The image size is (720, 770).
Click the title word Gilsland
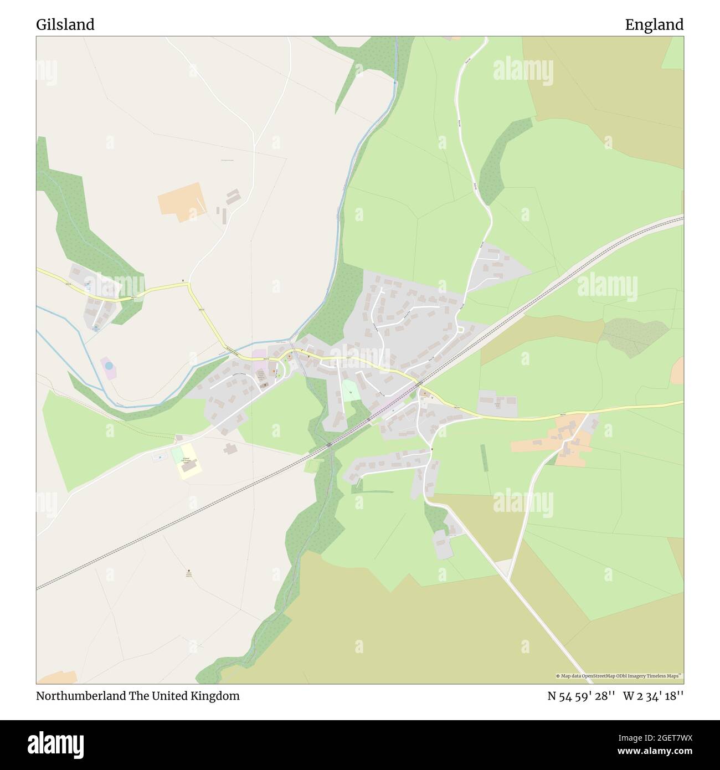[65, 25]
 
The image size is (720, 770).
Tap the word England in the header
[654, 25]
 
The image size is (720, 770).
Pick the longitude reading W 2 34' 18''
[653, 696]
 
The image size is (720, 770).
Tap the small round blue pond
[109, 366]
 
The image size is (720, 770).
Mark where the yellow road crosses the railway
[419, 383]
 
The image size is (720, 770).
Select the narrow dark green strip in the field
[485, 458]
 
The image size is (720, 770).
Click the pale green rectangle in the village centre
[350, 391]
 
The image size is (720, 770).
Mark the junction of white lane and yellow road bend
[189, 285]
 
